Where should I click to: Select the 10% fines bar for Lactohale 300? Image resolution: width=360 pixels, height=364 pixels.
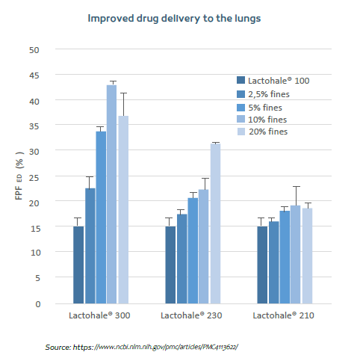coord(111,194)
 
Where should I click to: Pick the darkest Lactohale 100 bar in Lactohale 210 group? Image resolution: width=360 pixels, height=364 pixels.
coord(261,265)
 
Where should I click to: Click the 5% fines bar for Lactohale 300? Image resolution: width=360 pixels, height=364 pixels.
coord(101,217)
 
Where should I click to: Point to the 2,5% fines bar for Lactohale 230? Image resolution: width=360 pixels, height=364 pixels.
coord(181,258)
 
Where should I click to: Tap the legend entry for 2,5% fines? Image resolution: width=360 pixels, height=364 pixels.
coord(268,93)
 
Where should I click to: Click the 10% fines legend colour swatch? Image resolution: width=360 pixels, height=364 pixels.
coord(241,119)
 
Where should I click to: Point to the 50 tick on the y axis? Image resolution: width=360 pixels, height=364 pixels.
coord(34,50)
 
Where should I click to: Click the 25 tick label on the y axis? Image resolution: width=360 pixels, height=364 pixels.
coord(34,177)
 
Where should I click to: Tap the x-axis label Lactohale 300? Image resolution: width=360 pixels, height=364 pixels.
coord(99,317)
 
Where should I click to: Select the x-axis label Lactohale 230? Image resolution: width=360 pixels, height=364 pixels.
coord(191,317)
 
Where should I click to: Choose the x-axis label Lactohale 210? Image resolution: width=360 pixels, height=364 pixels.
coord(284,317)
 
